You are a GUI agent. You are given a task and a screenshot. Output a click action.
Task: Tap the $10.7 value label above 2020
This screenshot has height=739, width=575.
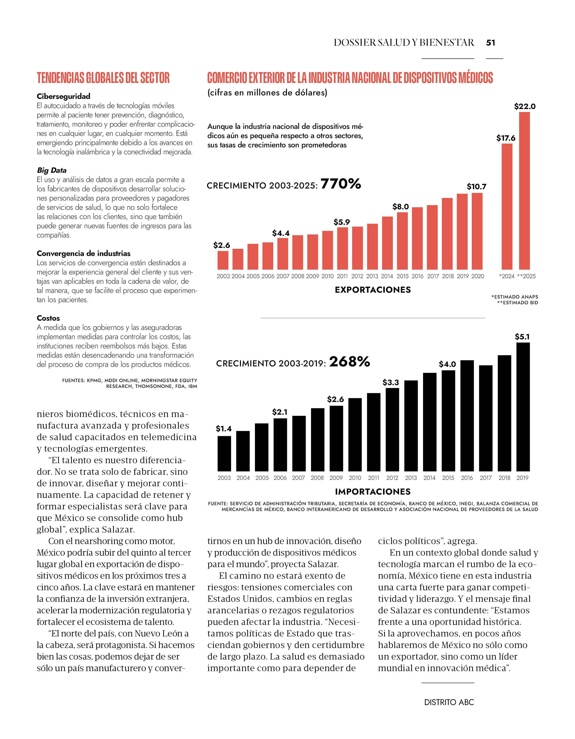(x=477, y=186)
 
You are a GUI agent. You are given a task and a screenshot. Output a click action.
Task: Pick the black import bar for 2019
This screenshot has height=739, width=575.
(x=523, y=407)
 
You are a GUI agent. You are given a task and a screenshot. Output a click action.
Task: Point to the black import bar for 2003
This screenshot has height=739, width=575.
(x=224, y=453)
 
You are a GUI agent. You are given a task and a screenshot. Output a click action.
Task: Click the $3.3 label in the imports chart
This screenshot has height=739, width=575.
(x=391, y=382)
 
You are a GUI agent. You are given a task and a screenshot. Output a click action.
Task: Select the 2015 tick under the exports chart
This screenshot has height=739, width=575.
(x=402, y=276)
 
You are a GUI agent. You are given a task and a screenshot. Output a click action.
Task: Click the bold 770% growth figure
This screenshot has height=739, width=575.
(x=341, y=184)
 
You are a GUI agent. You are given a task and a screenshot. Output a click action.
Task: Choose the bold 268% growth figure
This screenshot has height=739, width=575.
(x=349, y=362)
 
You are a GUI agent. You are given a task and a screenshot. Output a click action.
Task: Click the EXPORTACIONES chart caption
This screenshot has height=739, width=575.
(x=373, y=290)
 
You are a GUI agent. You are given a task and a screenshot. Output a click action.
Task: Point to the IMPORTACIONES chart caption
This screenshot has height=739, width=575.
(x=373, y=491)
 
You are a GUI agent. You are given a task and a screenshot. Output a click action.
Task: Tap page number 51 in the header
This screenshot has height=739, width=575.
(x=491, y=43)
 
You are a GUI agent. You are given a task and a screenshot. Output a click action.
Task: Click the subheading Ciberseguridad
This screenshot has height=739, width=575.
(x=64, y=96)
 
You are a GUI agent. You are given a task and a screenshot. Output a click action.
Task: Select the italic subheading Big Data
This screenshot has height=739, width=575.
(x=52, y=170)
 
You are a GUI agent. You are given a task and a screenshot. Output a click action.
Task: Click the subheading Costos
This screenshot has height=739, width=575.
(x=48, y=318)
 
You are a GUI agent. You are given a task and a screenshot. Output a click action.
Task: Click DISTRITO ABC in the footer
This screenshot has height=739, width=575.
(x=449, y=702)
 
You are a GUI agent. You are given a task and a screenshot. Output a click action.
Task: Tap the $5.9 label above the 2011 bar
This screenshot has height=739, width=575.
(x=342, y=222)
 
